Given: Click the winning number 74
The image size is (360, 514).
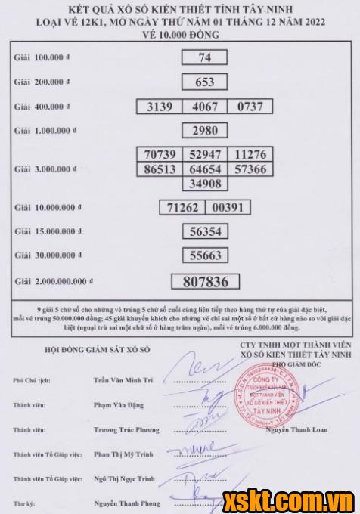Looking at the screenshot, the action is point(203,58).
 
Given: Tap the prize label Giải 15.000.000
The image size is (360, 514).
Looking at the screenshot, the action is point(45,232).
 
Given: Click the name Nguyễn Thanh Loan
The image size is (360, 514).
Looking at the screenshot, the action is point(292,430).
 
